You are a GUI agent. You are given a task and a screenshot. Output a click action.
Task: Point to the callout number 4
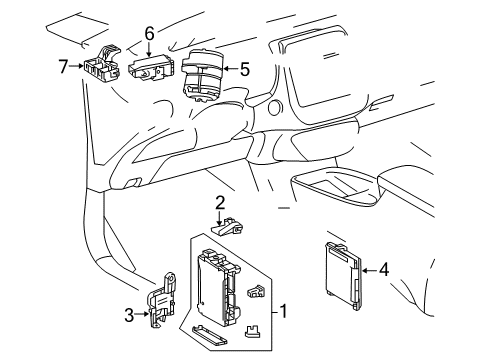[383, 268]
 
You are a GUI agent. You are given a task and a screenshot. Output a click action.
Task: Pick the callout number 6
[149, 33]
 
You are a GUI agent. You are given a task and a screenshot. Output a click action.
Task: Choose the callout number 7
[62, 66]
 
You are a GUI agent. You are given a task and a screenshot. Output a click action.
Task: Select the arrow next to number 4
[367, 268]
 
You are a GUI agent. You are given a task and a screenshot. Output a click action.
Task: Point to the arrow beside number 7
[76, 67]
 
